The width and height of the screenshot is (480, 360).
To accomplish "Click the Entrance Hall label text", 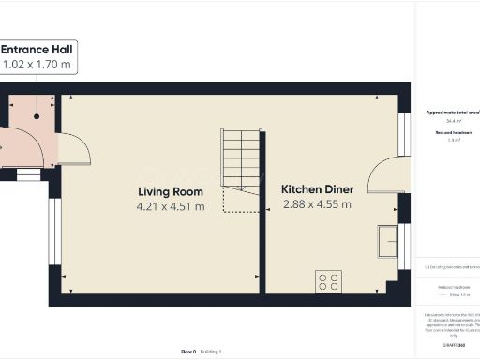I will point(37,50).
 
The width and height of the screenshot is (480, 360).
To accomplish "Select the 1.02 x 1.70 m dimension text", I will point(37,65).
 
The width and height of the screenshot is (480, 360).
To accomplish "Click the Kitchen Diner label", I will point(317,188).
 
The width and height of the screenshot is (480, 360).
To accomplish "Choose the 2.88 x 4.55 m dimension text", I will point(317,203).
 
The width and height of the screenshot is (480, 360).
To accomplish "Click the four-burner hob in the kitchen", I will point(329,279).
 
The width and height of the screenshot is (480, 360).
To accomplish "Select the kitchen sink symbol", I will point(388,241).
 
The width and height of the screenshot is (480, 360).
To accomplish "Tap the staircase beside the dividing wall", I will point(240,160).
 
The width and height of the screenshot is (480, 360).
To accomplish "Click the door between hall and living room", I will point(71,148).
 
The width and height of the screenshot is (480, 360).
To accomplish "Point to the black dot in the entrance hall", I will point(37,116).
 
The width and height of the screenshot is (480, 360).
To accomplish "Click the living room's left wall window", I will point(54,230).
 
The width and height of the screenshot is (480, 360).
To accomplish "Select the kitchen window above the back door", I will point(404,134).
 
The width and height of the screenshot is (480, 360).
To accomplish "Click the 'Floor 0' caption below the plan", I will point(188,351).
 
